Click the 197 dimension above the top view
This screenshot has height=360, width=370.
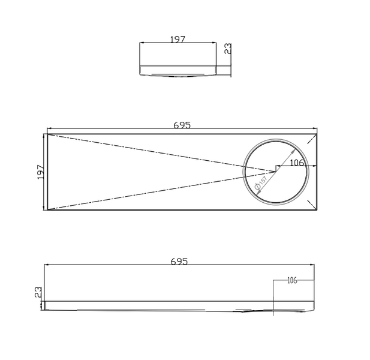pyautogui.click(x=178, y=39)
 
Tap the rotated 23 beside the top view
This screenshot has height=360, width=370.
pyautogui.click(x=228, y=49)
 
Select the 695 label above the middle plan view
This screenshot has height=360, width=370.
pyautogui.click(x=182, y=125)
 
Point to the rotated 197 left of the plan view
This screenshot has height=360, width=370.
pyautogui.click(x=41, y=172)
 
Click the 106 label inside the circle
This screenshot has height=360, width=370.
pyautogui.click(x=297, y=163)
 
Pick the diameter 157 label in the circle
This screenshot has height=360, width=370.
pyautogui.click(x=261, y=183)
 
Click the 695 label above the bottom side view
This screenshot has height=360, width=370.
pyautogui.click(x=179, y=262)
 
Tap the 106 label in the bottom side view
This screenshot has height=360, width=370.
pyautogui.click(x=292, y=280)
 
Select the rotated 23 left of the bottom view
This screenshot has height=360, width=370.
pyautogui.click(x=38, y=292)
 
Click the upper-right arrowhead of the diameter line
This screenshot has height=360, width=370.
pyautogui.click(x=293, y=151)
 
